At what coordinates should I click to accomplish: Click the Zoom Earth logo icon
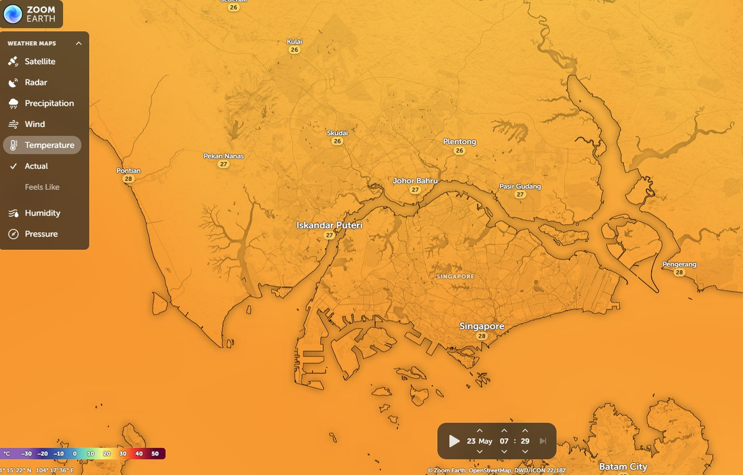(13, 14)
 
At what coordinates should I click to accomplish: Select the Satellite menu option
(40, 62)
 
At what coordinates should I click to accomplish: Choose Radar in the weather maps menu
(36, 83)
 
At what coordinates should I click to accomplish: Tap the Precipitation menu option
(49, 103)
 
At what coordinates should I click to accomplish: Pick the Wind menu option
(34, 124)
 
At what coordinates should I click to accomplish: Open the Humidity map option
(42, 213)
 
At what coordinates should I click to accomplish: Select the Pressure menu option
(41, 234)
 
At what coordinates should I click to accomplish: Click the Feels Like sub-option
(42, 187)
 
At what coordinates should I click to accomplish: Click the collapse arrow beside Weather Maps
(78, 43)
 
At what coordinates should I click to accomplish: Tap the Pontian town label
(128, 171)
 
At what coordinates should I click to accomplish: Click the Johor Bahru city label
(415, 180)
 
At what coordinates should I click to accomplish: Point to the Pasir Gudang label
(520, 186)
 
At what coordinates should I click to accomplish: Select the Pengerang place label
(679, 264)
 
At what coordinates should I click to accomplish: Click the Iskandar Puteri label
(329, 226)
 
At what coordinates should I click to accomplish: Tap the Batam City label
(623, 467)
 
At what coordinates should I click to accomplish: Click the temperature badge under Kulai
(295, 50)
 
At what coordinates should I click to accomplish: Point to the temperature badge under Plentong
(459, 151)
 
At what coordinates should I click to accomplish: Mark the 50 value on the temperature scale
(155, 454)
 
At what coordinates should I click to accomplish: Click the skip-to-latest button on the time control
(542, 441)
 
